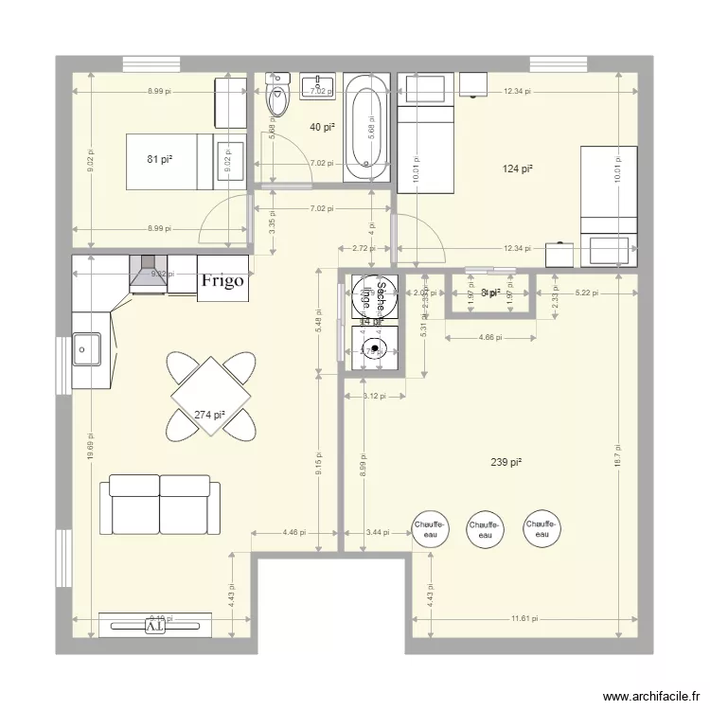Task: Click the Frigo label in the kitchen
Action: point(222,280)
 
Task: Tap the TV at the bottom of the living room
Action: point(154,625)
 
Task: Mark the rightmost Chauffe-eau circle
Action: point(541,529)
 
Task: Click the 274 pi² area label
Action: point(209,415)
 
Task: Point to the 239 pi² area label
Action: point(506,463)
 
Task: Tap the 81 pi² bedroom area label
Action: point(159,160)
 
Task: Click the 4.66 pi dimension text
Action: point(490,336)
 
